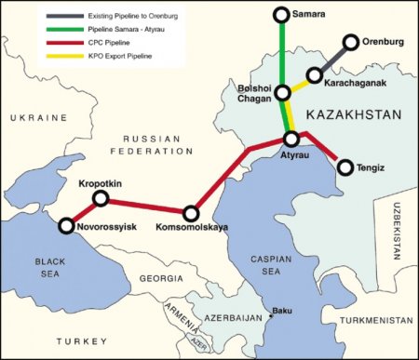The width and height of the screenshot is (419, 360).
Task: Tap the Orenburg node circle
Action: click(x=351, y=42)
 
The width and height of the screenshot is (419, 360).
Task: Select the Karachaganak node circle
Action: click(x=316, y=75)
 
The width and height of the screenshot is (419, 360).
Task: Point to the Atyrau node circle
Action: click(x=291, y=139)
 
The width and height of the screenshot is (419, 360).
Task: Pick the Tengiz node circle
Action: click(x=345, y=168)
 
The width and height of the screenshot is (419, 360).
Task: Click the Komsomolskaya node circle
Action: click(x=192, y=214)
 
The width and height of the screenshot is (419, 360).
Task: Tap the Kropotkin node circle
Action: click(x=101, y=199)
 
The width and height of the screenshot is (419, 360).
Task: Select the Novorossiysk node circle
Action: click(x=66, y=225)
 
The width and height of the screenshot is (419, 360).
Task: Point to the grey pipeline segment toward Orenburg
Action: click(x=333, y=59)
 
